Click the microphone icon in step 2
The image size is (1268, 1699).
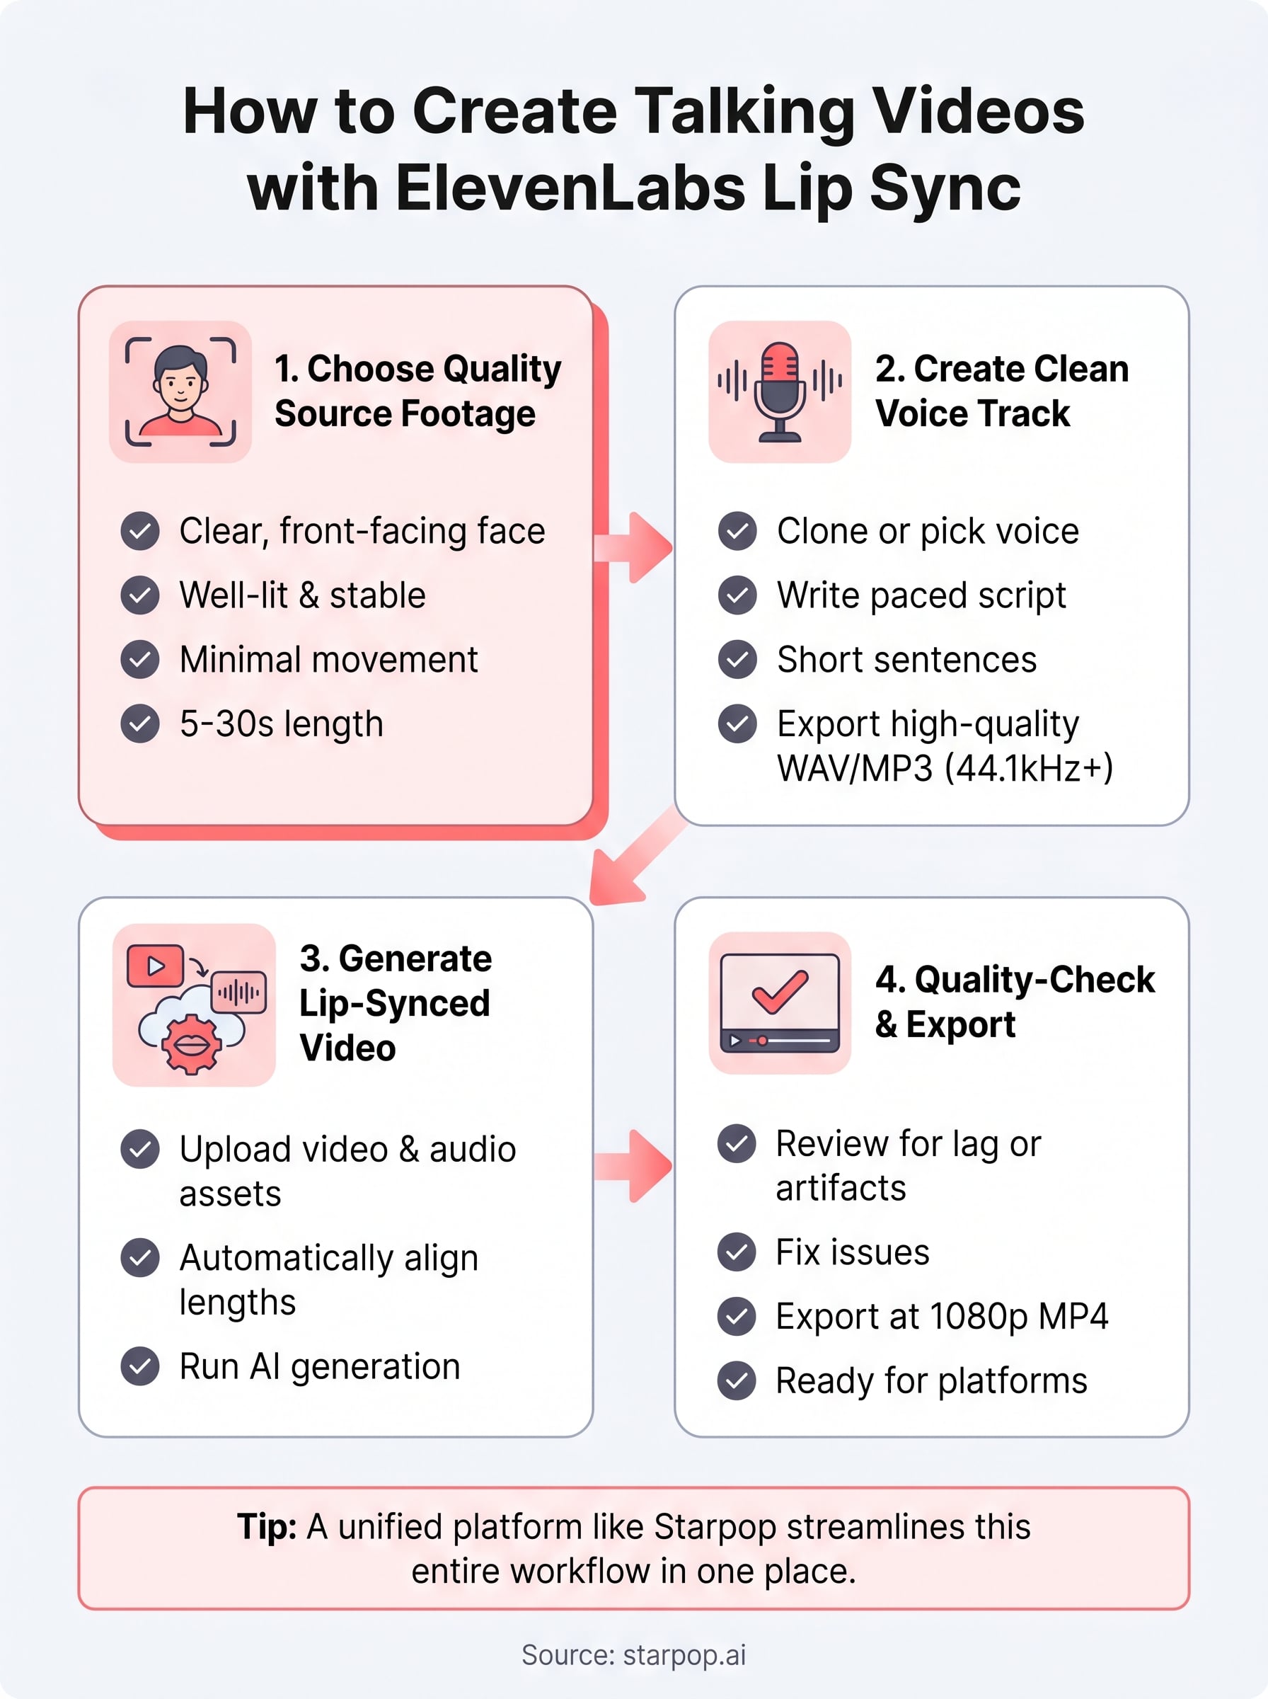(x=780, y=391)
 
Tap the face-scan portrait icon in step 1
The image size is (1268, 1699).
(x=180, y=391)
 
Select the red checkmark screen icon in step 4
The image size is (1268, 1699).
(x=780, y=1002)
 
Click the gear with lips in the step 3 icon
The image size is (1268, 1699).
(x=191, y=1043)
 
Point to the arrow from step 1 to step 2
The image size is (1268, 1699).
(x=633, y=547)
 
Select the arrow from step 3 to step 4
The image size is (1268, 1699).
(x=633, y=1165)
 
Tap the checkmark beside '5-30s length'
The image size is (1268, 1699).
(x=139, y=723)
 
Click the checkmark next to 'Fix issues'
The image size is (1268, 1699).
(x=737, y=1252)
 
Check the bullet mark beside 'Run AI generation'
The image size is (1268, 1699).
(x=139, y=1366)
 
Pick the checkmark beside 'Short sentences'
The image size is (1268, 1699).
(x=737, y=659)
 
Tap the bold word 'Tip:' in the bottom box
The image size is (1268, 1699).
(x=266, y=1526)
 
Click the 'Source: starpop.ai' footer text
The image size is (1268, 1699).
(x=634, y=1654)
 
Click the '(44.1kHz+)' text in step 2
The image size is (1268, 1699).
(x=1029, y=768)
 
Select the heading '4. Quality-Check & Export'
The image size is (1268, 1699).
(x=1015, y=1002)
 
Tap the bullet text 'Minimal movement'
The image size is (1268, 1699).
(x=328, y=660)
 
